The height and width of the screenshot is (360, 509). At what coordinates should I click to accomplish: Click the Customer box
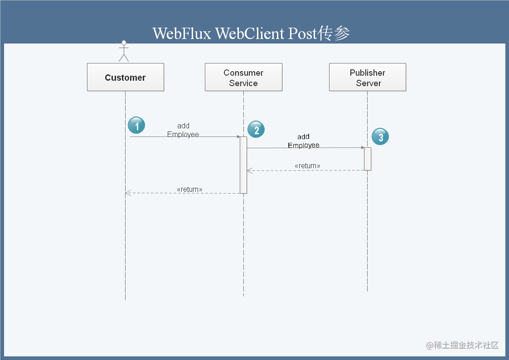[x=126, y=77]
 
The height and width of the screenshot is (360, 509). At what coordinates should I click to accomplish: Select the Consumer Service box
[x=243, y=78]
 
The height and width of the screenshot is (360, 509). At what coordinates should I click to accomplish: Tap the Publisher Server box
[x=367, y=78]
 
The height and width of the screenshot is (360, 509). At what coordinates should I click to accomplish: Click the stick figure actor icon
[x=124, y=51]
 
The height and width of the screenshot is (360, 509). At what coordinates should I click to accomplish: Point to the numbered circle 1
[x=136, y=125]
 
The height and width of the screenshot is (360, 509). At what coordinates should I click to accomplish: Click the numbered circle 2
[x=256, y=130]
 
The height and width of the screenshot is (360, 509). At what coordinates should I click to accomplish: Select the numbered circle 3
[x=380, y=137]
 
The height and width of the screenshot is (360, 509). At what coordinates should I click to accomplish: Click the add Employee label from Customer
[x=183, y=130]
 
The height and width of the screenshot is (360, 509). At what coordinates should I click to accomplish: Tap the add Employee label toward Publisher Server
[x=304, y=141]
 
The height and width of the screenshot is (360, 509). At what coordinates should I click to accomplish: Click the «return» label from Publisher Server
[x=307, y=166]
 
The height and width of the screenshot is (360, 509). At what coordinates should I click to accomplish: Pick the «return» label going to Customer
[x=189, y=189]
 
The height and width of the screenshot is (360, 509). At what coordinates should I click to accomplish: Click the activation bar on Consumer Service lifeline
[x=243, y=165]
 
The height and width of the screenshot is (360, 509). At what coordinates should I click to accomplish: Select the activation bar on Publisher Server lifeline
[x=367, y=159]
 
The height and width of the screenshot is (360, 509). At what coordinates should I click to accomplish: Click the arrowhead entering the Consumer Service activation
[x=238, y=136]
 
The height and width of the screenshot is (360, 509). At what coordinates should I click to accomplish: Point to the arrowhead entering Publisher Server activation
[x=362, y=147]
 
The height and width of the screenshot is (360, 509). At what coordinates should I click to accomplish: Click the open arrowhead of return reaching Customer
[x=128, y=193]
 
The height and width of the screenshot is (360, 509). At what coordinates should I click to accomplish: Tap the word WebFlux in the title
[x=182, y=34]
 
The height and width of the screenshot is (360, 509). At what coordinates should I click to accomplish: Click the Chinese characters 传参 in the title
[x=334, y=34]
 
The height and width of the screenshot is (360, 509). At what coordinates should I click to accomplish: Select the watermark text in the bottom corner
[x=462, y=345]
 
